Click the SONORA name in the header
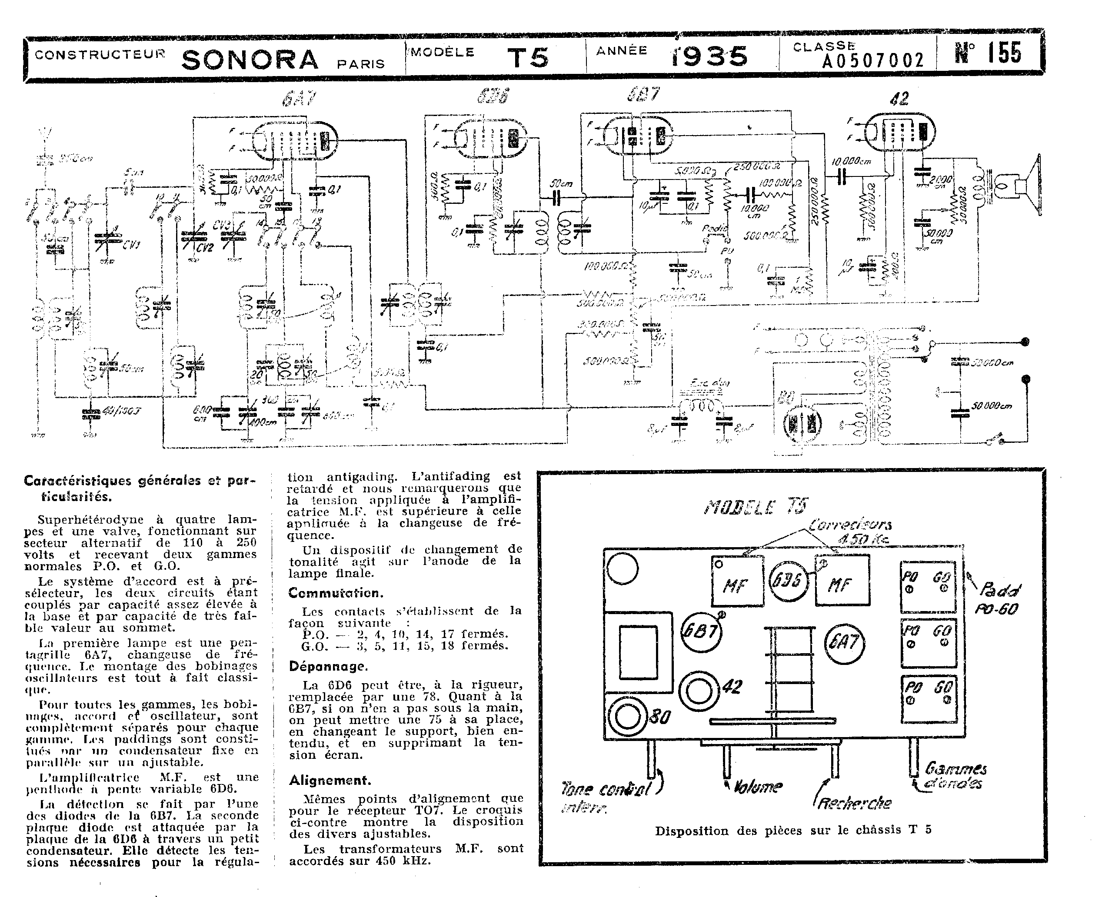pyautogui.click(x=250, y=60)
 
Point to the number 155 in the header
pyautogui.click(x=1005, y=53)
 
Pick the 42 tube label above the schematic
pyautogui.click(x=899, y=99)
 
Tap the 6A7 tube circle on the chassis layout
pyautogui.click(x=844, y=643)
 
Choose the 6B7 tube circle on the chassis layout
pyautogui.click(x=701, y=631)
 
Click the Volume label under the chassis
pyautogui.click(x=757, y=787)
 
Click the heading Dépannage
pyautogui.click(x=328, y=667)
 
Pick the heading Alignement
pyautogui.click(x=330, y=780)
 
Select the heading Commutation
pyautogui.click(x=335, y=593)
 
